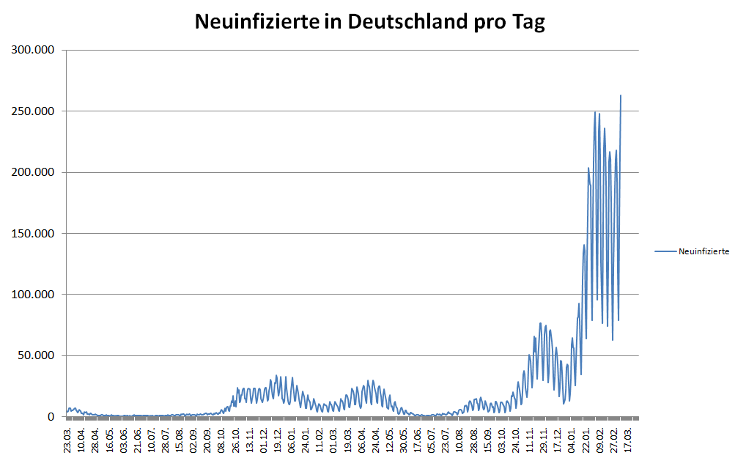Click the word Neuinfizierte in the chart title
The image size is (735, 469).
point(254,22)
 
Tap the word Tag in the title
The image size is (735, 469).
point(527,22)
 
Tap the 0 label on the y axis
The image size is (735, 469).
point(53,417)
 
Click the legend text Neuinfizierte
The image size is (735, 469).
point(703,251)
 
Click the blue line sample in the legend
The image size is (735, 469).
point(665,251)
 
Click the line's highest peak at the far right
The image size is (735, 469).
point(621,95)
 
